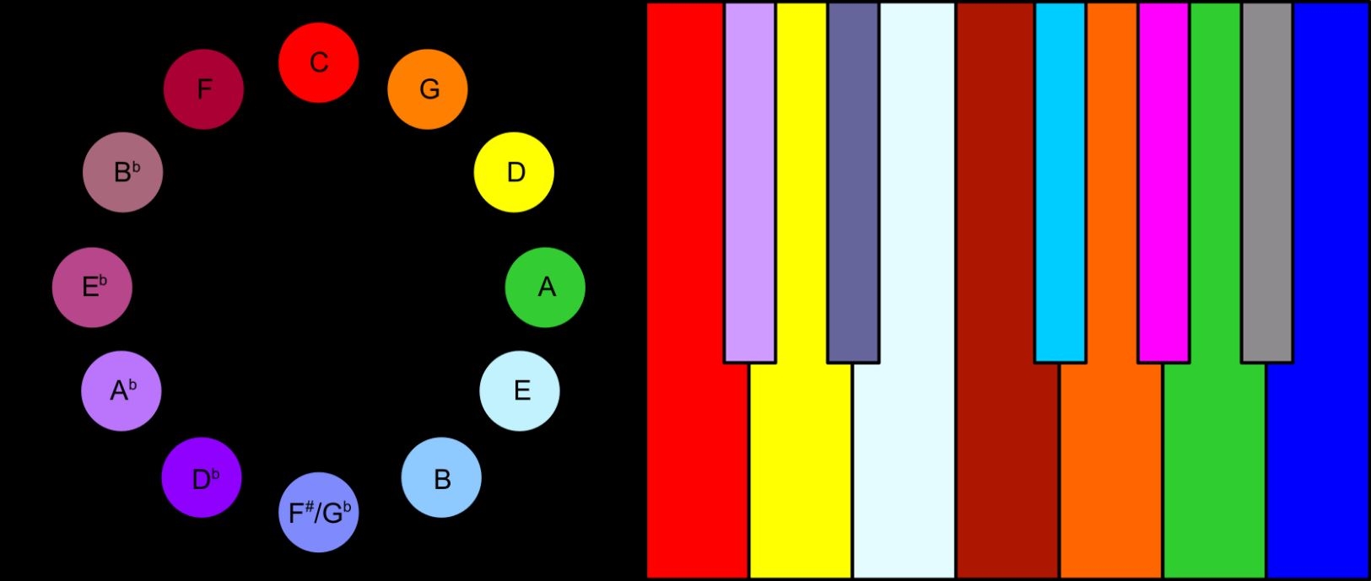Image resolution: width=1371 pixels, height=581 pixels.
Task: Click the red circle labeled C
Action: pyautogui.click(x=318, y=62)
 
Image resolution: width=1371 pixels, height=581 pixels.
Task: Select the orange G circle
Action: pyautogui.click(x=428, y=89)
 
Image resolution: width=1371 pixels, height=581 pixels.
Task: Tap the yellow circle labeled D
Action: pyautogui.click(x=514, y=173)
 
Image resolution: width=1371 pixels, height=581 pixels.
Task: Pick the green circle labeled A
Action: pyautogui.click(x=545, y=288)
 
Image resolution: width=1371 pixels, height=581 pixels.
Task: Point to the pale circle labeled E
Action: pyautogui.click(x=520, y=390)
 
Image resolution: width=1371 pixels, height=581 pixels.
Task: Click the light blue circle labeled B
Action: pyautogui.click(x=441, y=477)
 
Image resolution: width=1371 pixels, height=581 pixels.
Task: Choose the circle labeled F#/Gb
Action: pyautogui.click(x=319, y=513)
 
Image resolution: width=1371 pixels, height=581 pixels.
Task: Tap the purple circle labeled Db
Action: pyautogui.click(x=202, y=477)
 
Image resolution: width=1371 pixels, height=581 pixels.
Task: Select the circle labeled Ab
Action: pyautogui.click(x=121, y=390)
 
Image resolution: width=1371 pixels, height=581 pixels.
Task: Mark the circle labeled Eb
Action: pyautogui.click(x=92, y=288)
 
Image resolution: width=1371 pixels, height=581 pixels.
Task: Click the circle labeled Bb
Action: pyautogui.click(x=122, y=173)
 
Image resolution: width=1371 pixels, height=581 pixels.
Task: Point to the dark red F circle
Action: pyautogui.click(x=204, y=89)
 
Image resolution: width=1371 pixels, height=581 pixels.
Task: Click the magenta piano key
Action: pyautogui.click(x=1163, y=182)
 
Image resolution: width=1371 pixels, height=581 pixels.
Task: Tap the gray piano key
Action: pyautogui.click(x=1267, y=182)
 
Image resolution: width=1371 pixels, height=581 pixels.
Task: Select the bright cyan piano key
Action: pyautogui.click(x=1061, y=182)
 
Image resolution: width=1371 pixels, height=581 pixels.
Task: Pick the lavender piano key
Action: pyautogui.click(x=750, y=182)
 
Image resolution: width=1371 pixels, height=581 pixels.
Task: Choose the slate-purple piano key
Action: pyautogui.click(x=853, y=182)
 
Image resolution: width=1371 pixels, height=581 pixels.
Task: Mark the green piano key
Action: pyautogui.click(x=1215, y=428)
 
